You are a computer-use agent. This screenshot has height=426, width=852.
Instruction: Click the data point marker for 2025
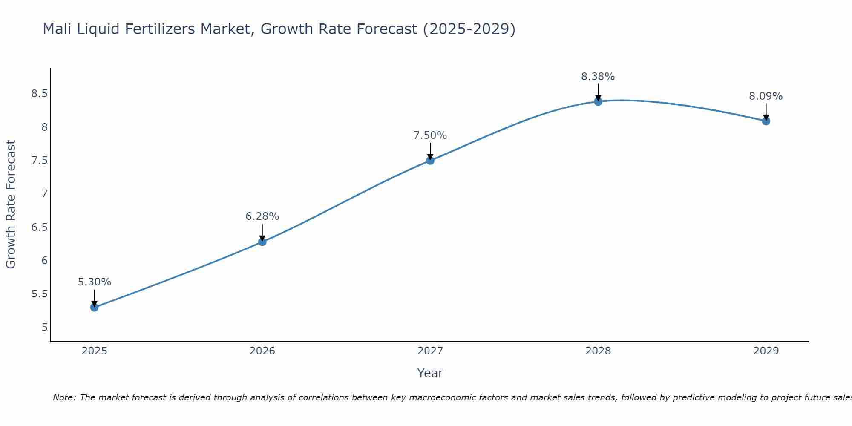(x=94, y=307)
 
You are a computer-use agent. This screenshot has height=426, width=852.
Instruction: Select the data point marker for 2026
(x=262, y=242)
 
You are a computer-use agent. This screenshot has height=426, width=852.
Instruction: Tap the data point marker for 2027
(x=430, y=160)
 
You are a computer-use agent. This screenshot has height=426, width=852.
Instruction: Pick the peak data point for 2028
(x=598, y=101)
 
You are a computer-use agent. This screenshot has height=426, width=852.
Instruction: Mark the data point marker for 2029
(x=766, y=121)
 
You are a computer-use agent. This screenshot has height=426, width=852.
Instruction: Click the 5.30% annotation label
(x=94, y=282)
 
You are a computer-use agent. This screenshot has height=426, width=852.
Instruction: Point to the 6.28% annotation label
(x=262, y=216)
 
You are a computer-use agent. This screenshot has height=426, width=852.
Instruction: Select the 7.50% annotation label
(x=430, y=135)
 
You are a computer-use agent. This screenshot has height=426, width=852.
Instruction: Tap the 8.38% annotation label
(x=598, y=77)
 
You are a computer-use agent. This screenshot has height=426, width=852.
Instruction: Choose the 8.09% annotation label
(x=766, y=96)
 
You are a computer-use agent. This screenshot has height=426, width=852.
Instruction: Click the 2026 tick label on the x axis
(x=262, y=351)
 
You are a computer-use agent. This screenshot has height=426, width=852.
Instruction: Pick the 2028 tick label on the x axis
(x=598, y=351)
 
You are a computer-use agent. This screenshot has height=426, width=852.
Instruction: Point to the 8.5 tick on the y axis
(x=39, y=94)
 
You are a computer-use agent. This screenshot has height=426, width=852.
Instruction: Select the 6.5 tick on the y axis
(x=39, y=227)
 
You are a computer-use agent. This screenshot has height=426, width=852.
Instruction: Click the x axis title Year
(x=430, y=373)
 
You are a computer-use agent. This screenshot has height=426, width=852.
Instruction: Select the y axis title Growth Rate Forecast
(x=11, y=204)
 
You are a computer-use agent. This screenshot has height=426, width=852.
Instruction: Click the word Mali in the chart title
(x=58, y=29)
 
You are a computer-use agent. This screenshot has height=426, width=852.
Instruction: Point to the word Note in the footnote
(x=63, y=397)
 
